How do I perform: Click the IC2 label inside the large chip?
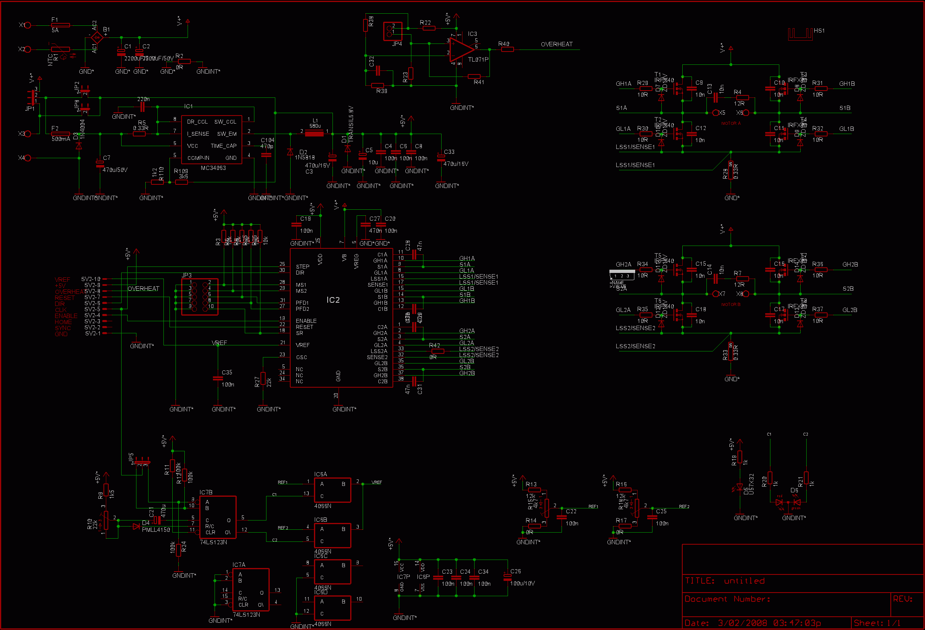pos(333,300)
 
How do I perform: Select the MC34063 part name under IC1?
pos(213,168)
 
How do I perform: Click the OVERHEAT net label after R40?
pos(556,44)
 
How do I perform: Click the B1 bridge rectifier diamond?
pos(97,38)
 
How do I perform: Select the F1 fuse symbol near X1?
pos(60,25)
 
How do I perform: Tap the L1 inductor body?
pos(314,134)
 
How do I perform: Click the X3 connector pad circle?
pos(28,134)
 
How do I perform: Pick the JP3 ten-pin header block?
pos(200,297)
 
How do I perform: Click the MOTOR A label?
pos(731,124)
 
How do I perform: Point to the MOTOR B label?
pos(731,305)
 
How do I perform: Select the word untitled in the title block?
pos(744,581)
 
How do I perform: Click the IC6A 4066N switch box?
pos(332,490)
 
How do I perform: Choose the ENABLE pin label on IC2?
pos(306,321)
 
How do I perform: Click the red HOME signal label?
pos(63,322)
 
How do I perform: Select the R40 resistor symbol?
pos(508,50)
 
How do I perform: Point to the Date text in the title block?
pos(696,623)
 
